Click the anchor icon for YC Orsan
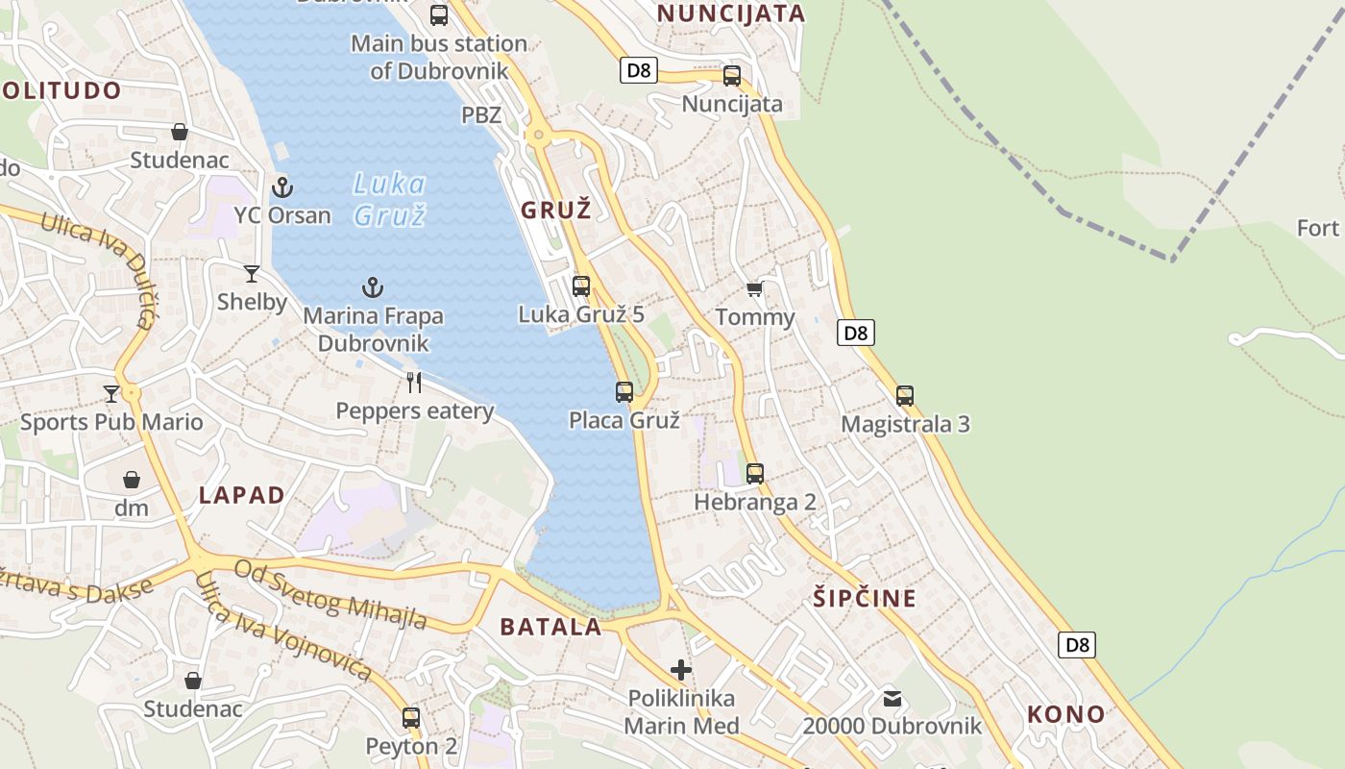tap(281, 186)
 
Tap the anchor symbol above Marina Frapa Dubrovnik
tap(372, 286)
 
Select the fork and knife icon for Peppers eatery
tap(414, 383)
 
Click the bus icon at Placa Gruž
tap(624, 392)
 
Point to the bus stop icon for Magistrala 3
tap(905, 395)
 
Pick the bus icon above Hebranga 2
tap(755, 473)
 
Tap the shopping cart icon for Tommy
tap(755, 288)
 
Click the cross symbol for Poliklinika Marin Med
tap(681, 669)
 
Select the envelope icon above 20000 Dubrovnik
tap(893, 698)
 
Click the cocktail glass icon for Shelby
tap(252, 274)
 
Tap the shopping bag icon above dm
tap(132, 479)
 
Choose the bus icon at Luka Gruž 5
tap(581, 285)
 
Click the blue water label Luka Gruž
tap(389, 199)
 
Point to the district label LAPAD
tap(242, 495)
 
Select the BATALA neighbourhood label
tap(550, 627)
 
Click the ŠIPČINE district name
tap(865, 598)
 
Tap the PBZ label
tap(481, 115)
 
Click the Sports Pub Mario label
tap(111, 422)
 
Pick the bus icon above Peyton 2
tap(411, 717)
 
